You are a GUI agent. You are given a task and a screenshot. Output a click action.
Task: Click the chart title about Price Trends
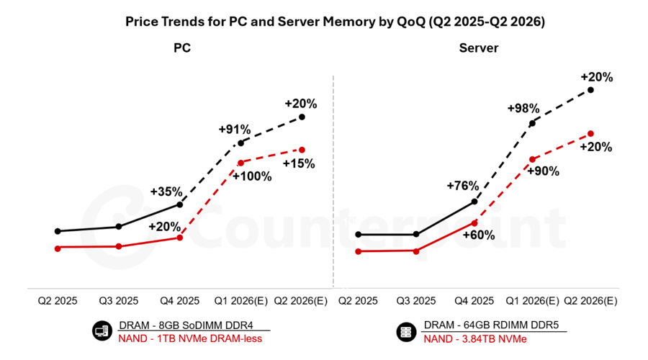pos(335,22)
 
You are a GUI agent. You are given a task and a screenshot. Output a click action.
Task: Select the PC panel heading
pos(182,48)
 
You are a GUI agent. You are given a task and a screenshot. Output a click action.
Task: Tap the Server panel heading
pos(479,48)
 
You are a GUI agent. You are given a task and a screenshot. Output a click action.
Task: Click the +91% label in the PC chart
pos(235,130)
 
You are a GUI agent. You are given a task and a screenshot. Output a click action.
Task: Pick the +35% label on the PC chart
pos(166,192)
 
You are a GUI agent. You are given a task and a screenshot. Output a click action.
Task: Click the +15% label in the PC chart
pos(298,163)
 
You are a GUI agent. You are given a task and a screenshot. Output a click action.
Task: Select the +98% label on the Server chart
pos(523,108)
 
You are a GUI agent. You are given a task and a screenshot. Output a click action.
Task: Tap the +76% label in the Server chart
pos(463,186)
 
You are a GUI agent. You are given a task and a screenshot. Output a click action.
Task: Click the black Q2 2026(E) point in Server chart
pos(590,90)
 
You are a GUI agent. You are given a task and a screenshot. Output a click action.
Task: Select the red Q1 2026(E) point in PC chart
pos(240,162)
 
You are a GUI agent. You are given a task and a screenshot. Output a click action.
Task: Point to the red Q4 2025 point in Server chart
pos(474,222)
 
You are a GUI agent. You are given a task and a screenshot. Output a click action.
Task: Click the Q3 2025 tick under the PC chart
pos(119,300)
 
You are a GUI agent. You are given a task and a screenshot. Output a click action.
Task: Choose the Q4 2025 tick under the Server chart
pos(474,300)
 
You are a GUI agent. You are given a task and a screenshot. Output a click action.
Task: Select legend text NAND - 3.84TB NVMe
pos(475,338)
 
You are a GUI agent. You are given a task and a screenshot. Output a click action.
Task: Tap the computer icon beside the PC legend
pos(99,332)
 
